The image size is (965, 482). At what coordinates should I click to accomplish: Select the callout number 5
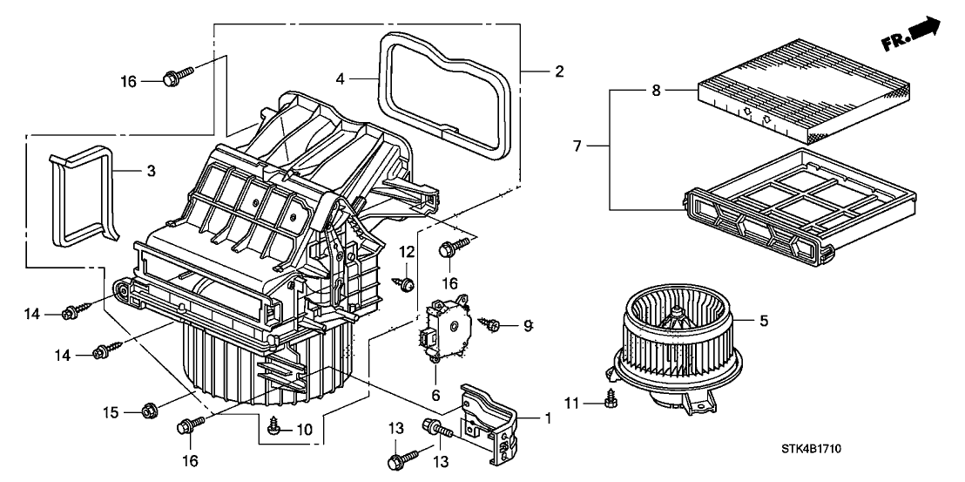pos(764,321)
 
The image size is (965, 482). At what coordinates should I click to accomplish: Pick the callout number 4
pos(341,78)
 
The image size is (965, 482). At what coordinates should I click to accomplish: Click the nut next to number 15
pos(149,408)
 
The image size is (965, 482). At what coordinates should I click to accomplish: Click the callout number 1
pos(548,418)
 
